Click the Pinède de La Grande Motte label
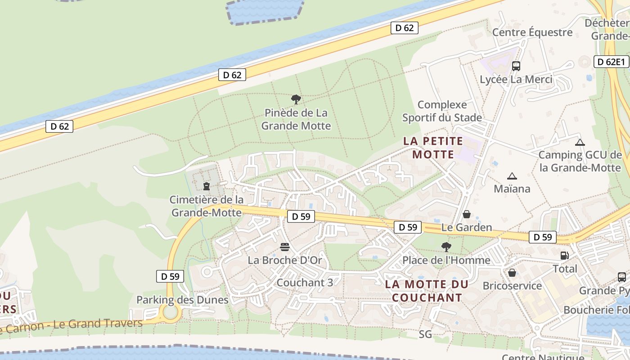[296, 119]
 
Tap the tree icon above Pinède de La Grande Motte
[296, 99]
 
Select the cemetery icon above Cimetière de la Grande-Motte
[207, 186]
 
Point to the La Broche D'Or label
[285, 260]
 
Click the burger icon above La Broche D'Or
[284, 247]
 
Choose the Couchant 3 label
[305, 283]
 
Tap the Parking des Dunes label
[182, 300]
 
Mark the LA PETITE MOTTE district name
[433, 148]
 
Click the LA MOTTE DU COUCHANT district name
[427, 291]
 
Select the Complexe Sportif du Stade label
[442, 111]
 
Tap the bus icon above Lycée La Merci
[516, 66]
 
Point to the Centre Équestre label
[532, 32]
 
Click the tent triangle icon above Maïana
[512, 176]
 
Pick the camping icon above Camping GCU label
[580, 142]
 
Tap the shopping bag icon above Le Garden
[467, 214]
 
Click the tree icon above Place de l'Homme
[446, 247]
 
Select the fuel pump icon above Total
[564, 256]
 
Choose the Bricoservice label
[512, 286]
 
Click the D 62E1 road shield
[612, 62]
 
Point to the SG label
[425, 334]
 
